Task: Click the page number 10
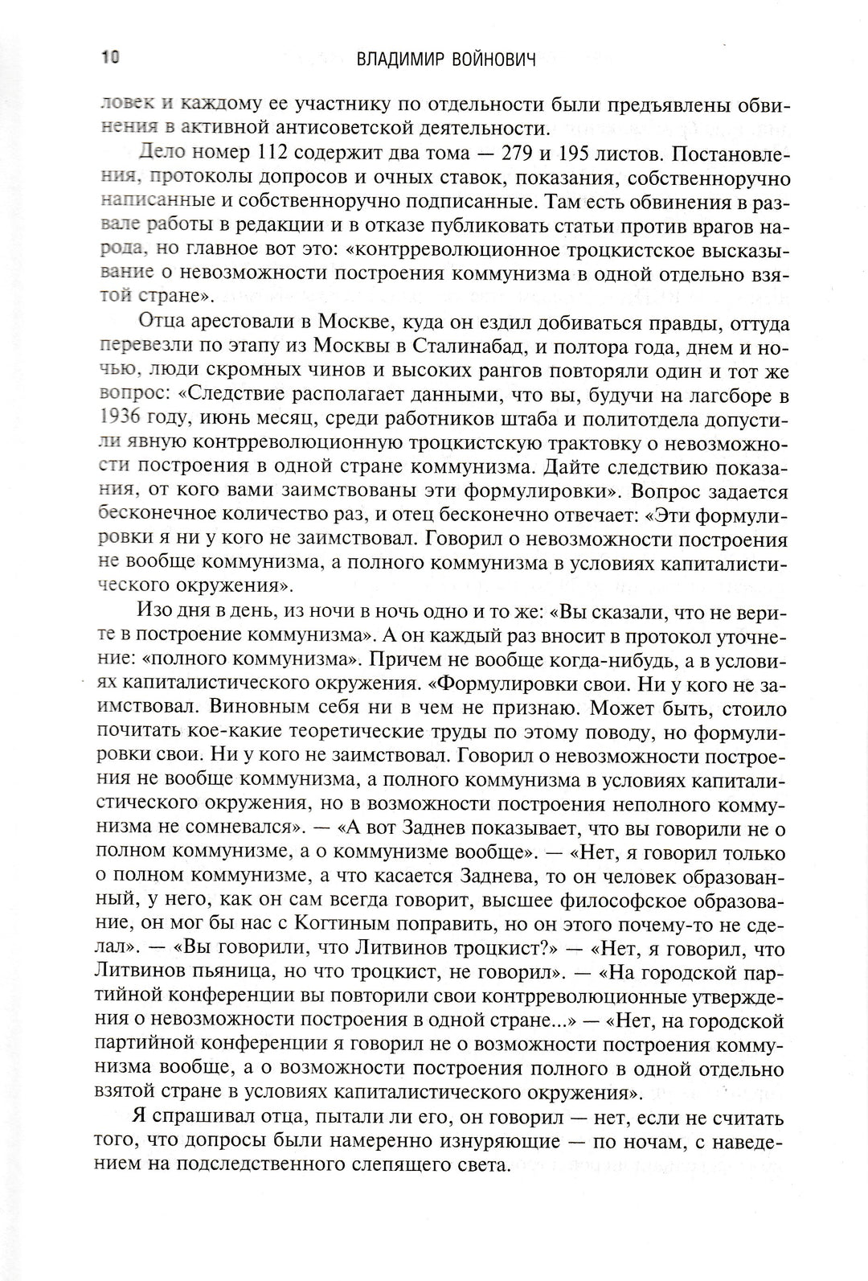110,58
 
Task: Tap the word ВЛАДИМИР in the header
399,59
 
